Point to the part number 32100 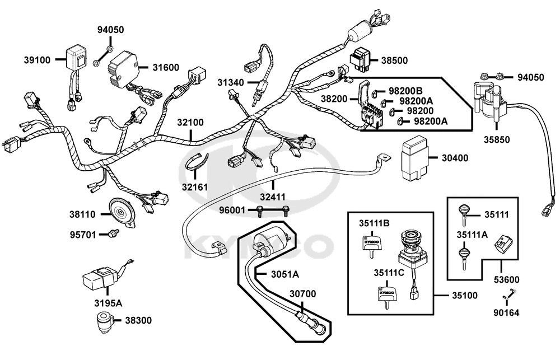(x=191, y=122)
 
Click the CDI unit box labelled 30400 (x=415, y=160)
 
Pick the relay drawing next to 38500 (x=362, y=59)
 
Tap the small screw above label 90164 (x=511, y=292)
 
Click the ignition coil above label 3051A (x=272, y=243)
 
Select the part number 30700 (x=303, y=293)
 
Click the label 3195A (x=108, y=303)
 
